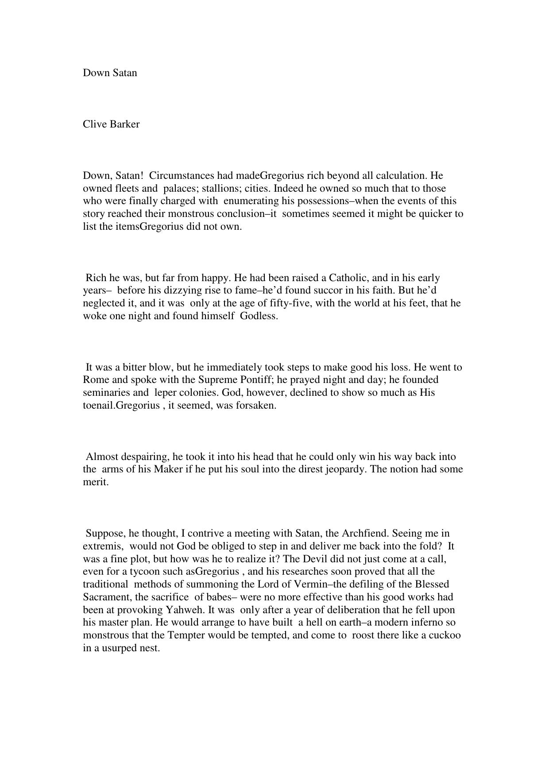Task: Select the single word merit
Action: (96, 482)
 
